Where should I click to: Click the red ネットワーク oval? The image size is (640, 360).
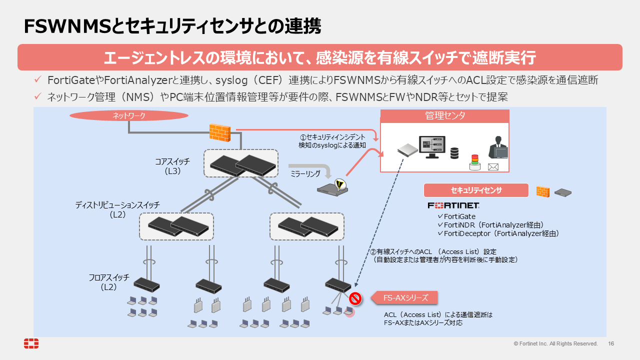pos(129,115)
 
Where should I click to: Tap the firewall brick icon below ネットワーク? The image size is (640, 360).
pos(219,132)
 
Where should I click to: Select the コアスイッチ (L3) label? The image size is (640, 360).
pos(172,166)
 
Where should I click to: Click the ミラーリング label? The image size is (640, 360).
pos(305,173)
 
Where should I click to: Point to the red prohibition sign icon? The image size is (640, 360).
pos(355,299)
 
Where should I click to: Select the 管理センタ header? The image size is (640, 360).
pos(444,116)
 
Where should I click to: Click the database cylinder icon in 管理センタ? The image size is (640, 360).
pos(454,153)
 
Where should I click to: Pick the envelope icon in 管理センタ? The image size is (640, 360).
pos(493,166)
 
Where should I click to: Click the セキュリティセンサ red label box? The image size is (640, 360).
pos(476,190)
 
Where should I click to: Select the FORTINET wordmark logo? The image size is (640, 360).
pos(453,205)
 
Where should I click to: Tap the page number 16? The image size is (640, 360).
pos(611,343)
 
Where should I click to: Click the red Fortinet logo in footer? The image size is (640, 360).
pos(31,343)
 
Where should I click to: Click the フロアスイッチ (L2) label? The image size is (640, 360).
pos(108,282)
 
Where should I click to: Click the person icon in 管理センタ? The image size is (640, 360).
pos(498,147)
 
